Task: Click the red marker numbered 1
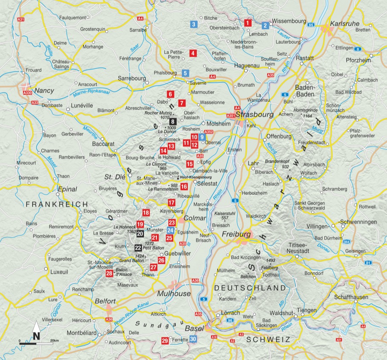(248, 23)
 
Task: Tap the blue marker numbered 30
(193, 339)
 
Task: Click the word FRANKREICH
(57, 204)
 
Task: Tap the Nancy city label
(45, 91)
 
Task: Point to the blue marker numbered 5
(185, 73)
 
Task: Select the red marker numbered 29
(165, 340)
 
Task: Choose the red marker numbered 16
(184, 186)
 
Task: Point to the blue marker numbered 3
(193, 24)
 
